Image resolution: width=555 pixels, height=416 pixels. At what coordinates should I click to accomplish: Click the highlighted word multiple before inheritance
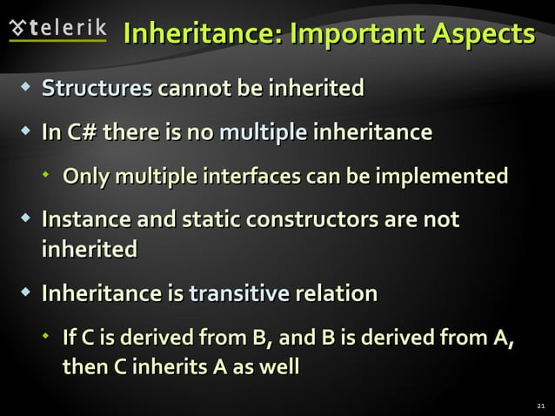coord(263,133)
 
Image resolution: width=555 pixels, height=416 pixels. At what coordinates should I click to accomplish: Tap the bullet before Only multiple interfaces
coord(47,177)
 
